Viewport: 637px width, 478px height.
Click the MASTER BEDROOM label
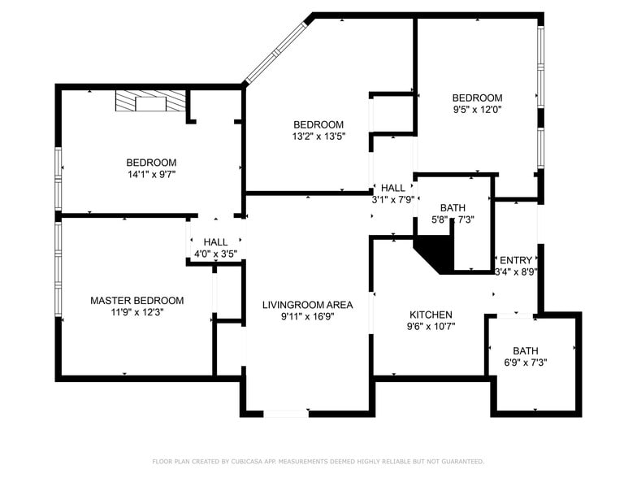point(136,301)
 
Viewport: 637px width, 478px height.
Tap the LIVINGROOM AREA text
point(307,305)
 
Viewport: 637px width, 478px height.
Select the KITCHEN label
point(431,315)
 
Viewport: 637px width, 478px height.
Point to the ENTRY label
point(516,260)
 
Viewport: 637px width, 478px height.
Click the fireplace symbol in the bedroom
point(150,102)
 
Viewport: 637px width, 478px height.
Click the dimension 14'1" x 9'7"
point(151,174)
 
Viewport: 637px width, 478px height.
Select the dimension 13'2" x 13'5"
point(318,137)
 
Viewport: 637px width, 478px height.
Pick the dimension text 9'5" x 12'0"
point(477,109)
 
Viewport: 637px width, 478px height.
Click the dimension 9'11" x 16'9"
point(307,317)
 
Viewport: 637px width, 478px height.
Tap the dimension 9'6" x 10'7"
point(431,327)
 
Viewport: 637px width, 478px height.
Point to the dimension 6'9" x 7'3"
point(525,363)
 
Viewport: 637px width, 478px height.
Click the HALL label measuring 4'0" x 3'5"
point(215,242)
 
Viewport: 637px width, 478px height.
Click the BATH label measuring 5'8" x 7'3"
point(453,208)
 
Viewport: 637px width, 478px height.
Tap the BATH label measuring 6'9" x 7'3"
point(525,351)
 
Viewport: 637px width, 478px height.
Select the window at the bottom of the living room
point(286,414)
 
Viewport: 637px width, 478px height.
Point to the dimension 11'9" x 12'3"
point(136,312)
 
